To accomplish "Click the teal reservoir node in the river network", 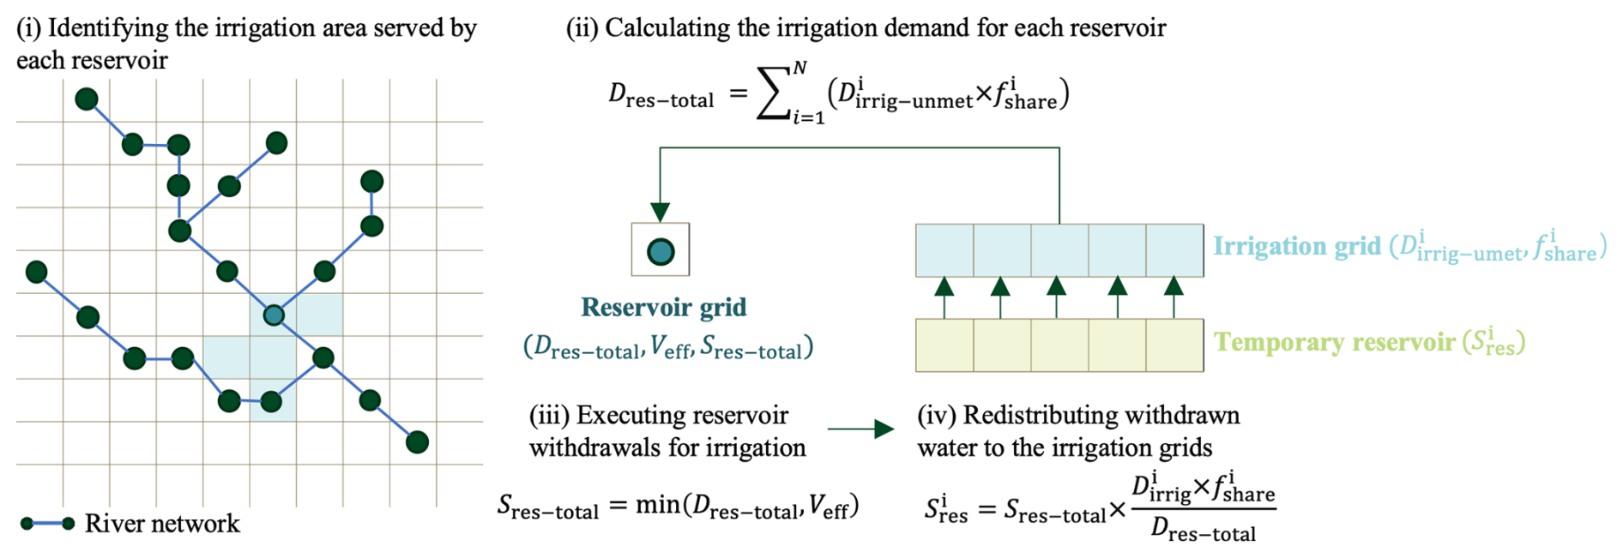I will click(274, 315).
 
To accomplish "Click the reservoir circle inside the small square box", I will click(661, 251).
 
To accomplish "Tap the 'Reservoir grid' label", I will click(663, 307).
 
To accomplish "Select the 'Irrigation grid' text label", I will click(1296, 247).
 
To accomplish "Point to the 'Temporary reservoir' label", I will click(1334, 342).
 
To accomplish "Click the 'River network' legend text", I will click(162, 524).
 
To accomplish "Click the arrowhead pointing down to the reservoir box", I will click(660, 212).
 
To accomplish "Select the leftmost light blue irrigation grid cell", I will click(944, 250).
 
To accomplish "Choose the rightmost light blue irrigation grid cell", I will click(1174, 250).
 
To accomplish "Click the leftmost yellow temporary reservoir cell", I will click(944, 345).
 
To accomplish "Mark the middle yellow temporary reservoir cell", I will click(1059, 345).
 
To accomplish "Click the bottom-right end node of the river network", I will click(417, 442).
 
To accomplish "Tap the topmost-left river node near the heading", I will click(87, 99).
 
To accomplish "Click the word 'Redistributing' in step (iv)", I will click(1040, 416).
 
